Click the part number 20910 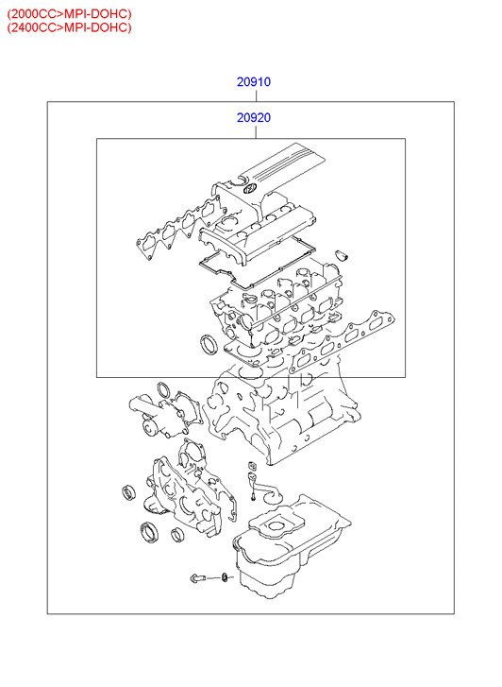pyautogui.click(x=254, y=82)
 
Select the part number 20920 pyautogui.click(x=254, y=118)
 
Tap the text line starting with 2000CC pyautogui.click(x=69, y=13)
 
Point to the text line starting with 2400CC pyautogui.click(x=69, y=27)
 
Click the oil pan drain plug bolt pyautogui.click(x=197, y=578)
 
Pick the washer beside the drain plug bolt pyautogui.click(x=225, y=577)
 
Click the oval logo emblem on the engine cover pyautogui.click(x=248, y=189)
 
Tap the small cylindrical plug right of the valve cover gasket pyautogui.click(x=341, y=255)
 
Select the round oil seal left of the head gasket pyautogui.click(x=208, y=344)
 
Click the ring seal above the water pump pyautogui.click(x=164, y=389)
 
